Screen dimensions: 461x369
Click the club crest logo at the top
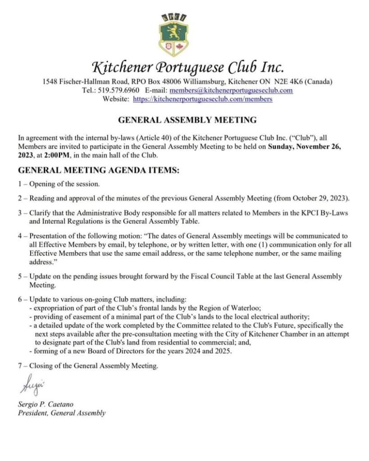coord(173,34)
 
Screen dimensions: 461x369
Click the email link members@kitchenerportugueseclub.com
coord(228,90)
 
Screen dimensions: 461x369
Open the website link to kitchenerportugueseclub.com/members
coord(203,99)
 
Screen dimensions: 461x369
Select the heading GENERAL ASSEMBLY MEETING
coord(187,120)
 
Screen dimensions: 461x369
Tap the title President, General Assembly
coord(62,413)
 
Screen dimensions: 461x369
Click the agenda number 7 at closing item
coord(20,366)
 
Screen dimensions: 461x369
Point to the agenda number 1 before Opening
coord(20,184)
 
